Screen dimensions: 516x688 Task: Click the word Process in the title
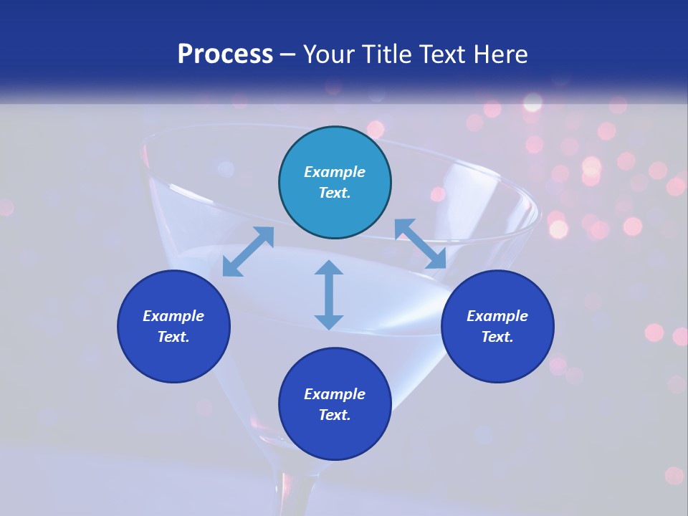point(225,54)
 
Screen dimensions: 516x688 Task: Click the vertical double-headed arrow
point(329,295)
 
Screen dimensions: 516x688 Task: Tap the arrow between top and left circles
point(248,252)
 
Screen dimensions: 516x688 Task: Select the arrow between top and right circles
point(421,244)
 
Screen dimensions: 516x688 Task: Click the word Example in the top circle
point(335,172)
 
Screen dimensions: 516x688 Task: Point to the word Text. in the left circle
point(173,337)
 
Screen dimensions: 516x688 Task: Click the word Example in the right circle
point(497,316)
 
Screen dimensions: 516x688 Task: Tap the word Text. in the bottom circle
point(335,415)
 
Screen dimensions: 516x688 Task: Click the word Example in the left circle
point(173,316)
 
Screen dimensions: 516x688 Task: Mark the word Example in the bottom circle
point(335,394)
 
